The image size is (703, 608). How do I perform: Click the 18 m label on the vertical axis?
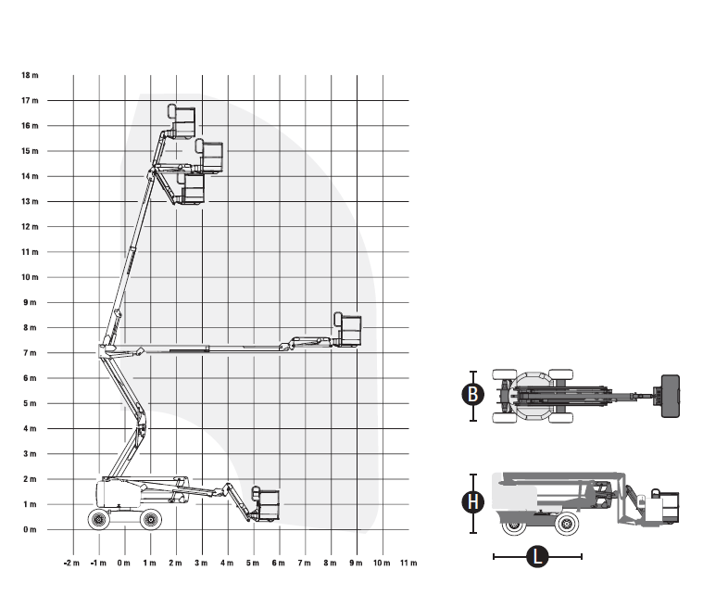[x=30, y=75]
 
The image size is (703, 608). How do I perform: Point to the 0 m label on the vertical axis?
[x=30, y=529]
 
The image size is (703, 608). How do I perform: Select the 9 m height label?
[x=30, y=302]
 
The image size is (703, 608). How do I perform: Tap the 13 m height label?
[x=30, y=201]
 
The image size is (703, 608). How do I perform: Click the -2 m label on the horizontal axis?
[x=71, y=563]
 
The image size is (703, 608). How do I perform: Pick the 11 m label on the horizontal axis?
[x=408, y=563]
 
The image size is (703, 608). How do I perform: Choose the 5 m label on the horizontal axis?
[x=253, y=563]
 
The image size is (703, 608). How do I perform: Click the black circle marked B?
[x=473, y=395]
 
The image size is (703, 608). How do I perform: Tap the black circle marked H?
[x=473, y=501]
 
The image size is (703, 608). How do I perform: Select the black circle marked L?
[x=537, y=556]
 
